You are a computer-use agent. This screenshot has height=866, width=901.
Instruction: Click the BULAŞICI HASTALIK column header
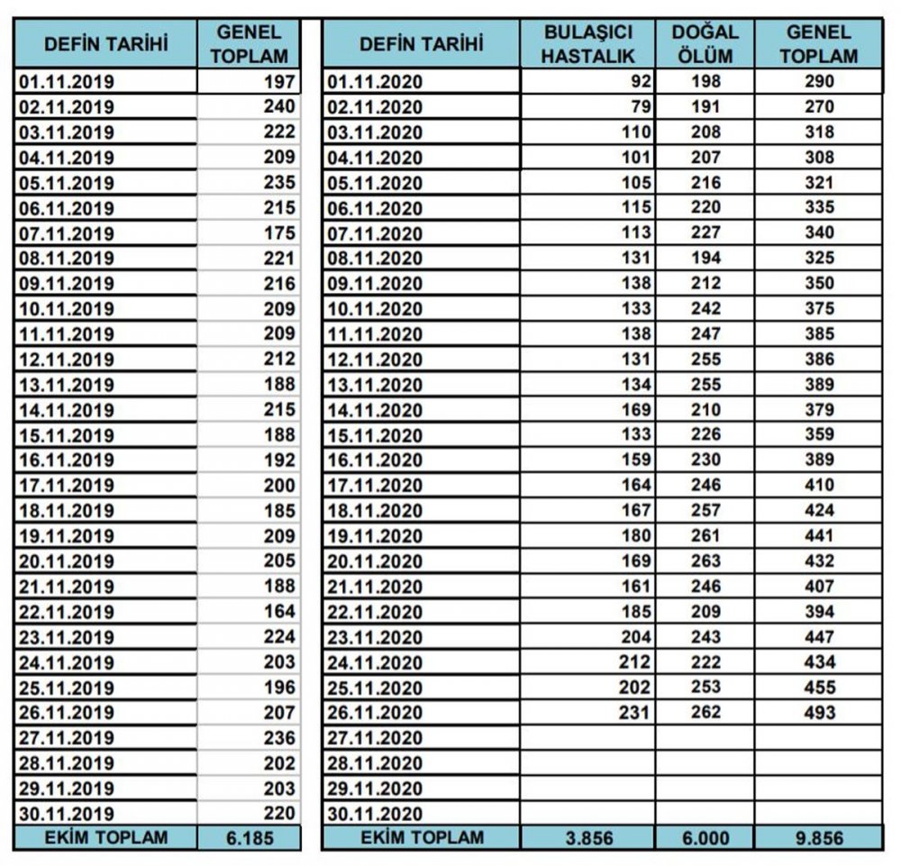pos(589,43)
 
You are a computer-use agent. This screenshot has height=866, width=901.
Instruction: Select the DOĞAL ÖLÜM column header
pos(705,43)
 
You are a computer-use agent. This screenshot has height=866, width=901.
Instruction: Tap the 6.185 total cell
pos(248,837)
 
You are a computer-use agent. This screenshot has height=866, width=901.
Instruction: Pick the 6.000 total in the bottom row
pos(705,837)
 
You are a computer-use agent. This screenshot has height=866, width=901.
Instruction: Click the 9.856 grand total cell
pos(818,837)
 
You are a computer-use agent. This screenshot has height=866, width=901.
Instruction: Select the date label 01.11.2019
pos(67,82)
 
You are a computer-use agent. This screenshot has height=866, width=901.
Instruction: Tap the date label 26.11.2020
pos(375,713)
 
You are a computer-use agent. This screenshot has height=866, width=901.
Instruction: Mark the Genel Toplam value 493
pos(818,713)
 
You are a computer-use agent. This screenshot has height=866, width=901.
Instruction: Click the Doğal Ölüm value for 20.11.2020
pos(705,561)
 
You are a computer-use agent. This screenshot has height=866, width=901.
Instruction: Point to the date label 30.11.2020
pos(375,814)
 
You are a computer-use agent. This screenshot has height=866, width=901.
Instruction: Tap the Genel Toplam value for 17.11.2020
pos(818,486)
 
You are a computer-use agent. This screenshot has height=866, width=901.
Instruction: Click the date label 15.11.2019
pos(67,435)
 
